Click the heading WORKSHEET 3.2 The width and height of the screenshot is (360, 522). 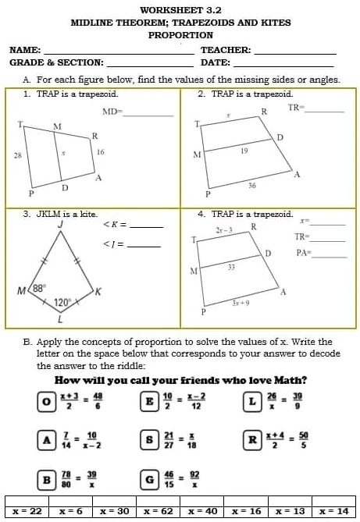click(180, 9)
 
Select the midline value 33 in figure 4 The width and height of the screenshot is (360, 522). click(231, 267)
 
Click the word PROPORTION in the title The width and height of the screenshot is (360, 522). click(180, 35)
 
